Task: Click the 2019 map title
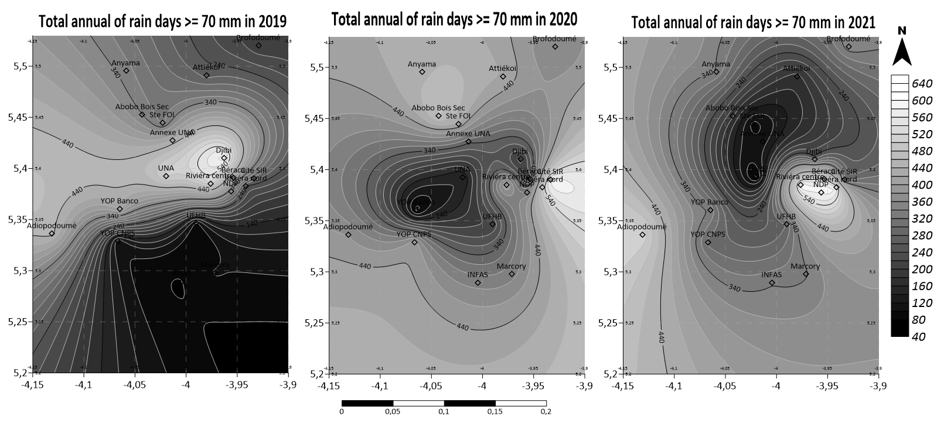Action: (x=162, y=22)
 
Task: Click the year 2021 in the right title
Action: (x=859, y=22)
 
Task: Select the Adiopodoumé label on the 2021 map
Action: (x=642, y=226)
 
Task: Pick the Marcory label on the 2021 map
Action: (x=805, y=266)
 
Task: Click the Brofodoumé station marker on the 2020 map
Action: (x=555, y=46)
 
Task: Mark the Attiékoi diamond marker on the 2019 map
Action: (x=206, y=75)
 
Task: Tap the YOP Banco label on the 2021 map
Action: (x=709, y=202)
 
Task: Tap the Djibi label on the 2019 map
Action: (x=224, y=150)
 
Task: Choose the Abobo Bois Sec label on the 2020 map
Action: (x=438, y=108)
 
